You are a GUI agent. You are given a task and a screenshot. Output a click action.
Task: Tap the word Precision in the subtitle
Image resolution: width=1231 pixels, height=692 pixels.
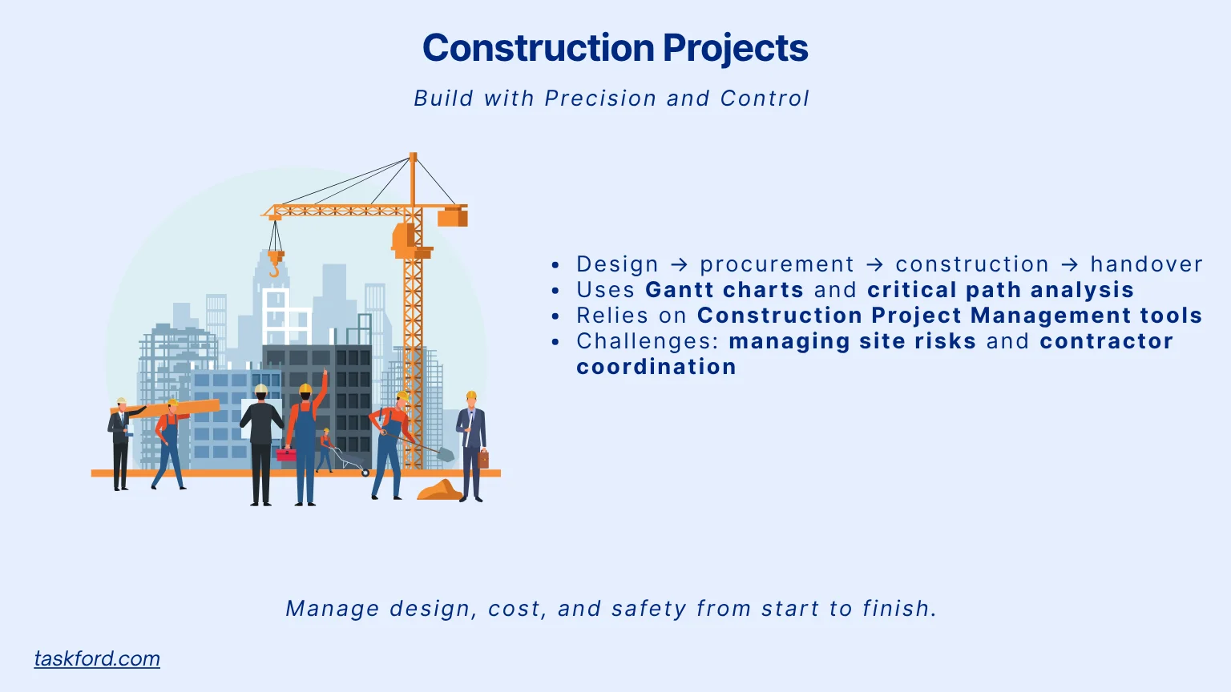click(600, 99)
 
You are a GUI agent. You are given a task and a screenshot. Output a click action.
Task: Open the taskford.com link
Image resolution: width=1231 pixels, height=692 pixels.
click(97, 658)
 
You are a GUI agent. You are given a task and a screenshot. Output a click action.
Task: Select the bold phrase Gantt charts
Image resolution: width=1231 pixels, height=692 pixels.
click(724, 290)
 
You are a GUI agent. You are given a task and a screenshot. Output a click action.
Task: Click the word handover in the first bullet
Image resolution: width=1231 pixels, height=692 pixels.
click(1146, 264)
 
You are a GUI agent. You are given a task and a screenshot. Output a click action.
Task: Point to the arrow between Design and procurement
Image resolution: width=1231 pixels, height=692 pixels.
click(679, 264)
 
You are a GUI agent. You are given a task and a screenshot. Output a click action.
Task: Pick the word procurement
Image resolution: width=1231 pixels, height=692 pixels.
click(777, 264)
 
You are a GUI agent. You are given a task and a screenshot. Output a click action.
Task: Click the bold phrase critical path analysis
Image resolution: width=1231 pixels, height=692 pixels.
click(1000, 290)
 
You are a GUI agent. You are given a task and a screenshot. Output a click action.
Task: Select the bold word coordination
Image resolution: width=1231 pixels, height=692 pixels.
click(656, 367)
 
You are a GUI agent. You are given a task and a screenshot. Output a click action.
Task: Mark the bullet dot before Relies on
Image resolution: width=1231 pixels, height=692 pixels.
click(555, 316)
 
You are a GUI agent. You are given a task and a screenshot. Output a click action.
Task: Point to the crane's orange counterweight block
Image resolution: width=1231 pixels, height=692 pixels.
click(453, 216)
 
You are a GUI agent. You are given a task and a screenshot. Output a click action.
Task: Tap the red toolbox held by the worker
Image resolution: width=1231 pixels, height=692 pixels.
click(286, 454)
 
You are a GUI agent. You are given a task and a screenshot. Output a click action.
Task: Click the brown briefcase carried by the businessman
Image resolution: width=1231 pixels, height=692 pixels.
click(483, 459)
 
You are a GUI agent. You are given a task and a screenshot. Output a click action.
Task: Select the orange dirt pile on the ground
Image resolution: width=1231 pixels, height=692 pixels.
click(439, 490)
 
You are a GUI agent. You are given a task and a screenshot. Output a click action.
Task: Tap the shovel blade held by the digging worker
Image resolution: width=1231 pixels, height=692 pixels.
click(446, 455)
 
